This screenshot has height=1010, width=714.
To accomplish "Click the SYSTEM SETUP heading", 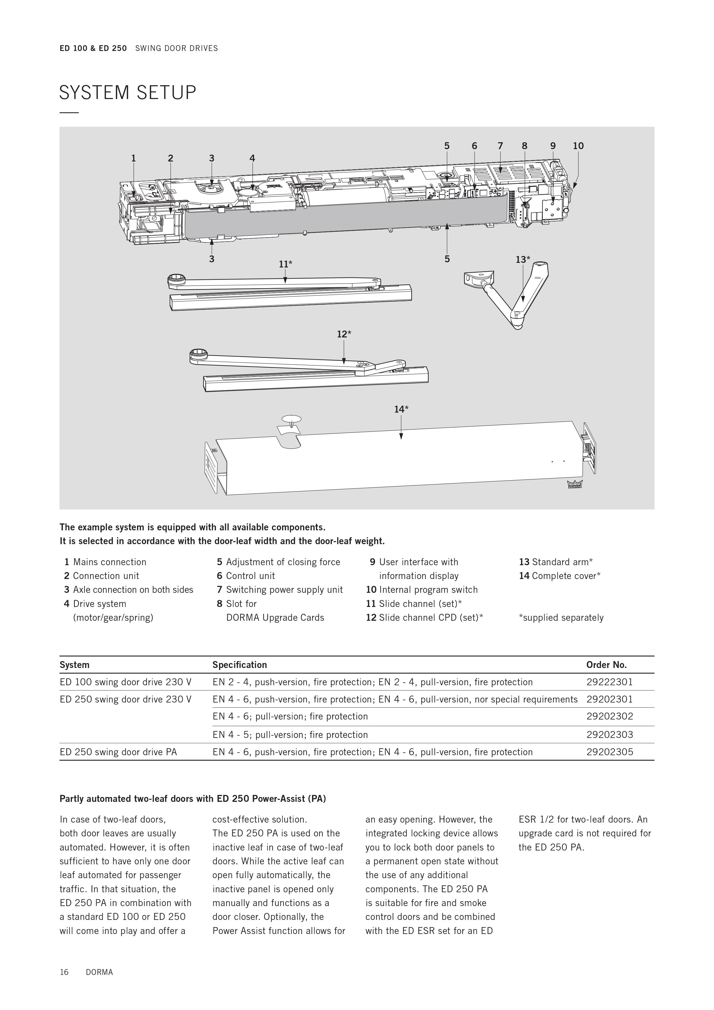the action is tap(127, 93).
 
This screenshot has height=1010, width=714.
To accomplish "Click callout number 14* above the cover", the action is tap(401, 409).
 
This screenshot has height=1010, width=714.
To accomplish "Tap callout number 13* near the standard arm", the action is tap(523, 259).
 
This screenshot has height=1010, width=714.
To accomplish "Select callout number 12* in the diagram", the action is tap(344, 334).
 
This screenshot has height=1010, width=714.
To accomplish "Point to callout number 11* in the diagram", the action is tap(285, 264).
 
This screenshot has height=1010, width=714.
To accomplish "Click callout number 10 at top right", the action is tap(578, 146).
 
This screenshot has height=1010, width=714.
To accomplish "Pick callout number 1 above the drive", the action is tap(133, 158).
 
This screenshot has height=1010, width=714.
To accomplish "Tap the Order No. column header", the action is tap(606, 665).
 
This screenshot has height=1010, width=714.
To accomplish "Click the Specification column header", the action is tap(240, 665).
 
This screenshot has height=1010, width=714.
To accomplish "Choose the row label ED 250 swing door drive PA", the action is tap(118, 752).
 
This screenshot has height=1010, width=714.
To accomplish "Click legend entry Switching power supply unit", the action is tap(284, 590).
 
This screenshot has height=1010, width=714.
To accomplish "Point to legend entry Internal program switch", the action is tap(428, 590).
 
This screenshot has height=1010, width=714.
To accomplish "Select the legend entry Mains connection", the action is tap(109, 562).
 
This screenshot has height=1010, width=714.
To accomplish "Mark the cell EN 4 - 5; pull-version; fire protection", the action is tap(290, 735).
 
